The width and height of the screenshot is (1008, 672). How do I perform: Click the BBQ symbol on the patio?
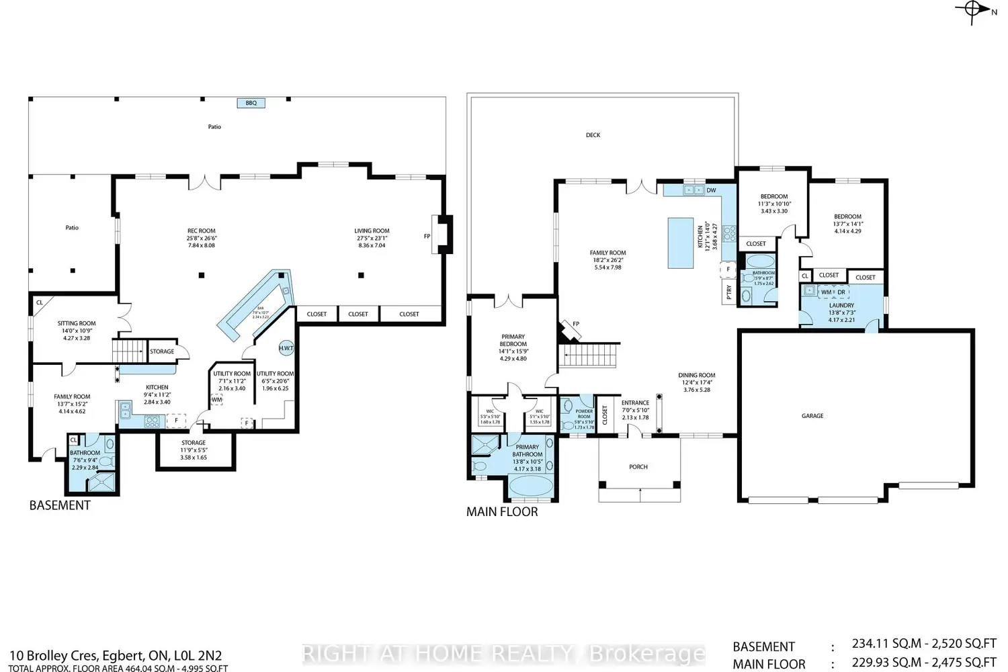[251, 103]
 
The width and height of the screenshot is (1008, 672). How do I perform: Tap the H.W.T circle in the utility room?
[286, 348]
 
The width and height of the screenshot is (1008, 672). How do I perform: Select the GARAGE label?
[812, 416]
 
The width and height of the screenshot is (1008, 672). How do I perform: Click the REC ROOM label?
[202, 231]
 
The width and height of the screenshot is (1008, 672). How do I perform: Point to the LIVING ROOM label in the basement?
[372, 231]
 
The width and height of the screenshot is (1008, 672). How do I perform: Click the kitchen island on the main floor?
[679, 243]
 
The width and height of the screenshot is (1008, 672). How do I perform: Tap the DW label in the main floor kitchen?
[711, 190]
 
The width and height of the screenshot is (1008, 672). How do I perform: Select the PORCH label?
[638, 466]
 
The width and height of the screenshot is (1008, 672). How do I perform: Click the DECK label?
[593, 135]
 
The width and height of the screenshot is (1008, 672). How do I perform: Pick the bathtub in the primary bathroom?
[531, 485]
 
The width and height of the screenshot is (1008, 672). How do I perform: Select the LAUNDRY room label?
[841, 305]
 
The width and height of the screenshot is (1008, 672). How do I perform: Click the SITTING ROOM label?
[77, 323]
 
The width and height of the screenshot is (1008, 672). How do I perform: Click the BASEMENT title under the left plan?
[60, 505]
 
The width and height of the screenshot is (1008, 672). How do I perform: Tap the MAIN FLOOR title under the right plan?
[502, 512]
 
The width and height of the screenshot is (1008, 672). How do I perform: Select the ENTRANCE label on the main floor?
[635, 403]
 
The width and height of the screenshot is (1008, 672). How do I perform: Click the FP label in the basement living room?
[427, 236]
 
